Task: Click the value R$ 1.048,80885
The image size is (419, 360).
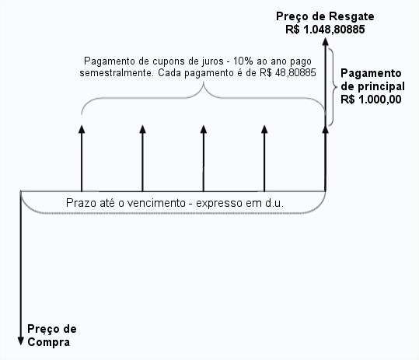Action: [x=325, y=30]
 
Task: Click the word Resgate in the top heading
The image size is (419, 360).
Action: [x=351, y=16]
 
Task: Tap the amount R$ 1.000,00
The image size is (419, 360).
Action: [x=371, y=100]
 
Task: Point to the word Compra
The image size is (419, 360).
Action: [x=49, y=342]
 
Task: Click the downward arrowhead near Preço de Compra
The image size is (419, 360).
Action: [x=20, y=341]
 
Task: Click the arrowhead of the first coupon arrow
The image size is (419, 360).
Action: [x=82, y=129]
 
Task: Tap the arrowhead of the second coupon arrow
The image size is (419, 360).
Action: [x=143, y=129]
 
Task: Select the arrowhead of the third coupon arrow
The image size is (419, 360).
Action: [x=204, y=129]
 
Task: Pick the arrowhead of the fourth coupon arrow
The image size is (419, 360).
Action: [x=264, y=129]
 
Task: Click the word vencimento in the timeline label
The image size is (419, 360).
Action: [x=156, y=203]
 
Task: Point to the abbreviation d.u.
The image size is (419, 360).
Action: [x=274, y=203]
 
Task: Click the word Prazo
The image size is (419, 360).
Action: [x=81, y=203]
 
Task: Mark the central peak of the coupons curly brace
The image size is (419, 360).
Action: [x=204, y=82]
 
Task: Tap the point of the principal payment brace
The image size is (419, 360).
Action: [x=336, y=87]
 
